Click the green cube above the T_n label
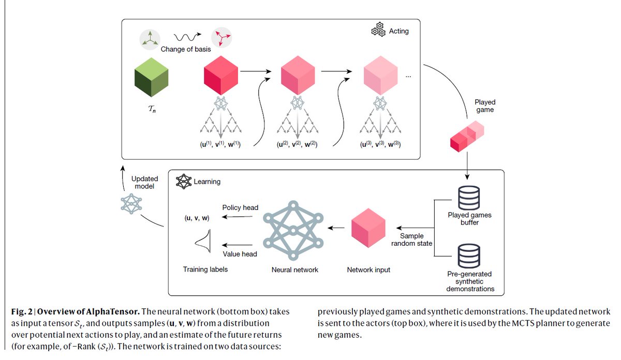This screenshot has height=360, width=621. tap(151, 77)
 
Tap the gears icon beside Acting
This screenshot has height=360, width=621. tap(378, 29)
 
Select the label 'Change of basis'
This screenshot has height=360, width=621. tap(186, 49)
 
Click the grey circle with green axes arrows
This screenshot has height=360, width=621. tap(150, 40)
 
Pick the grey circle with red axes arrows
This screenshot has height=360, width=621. tap(221, 37)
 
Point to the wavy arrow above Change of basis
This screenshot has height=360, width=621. tap(187, 37)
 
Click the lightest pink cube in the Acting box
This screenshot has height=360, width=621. tap(381, 76)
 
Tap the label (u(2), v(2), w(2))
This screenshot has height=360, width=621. tap(297, 144)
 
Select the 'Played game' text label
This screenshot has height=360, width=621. tap(485, 106)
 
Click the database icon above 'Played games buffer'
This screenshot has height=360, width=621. tap(469, 198)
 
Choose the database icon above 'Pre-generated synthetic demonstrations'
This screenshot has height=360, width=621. tap(469, 256)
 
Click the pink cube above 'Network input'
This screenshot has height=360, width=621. tap(368, 228)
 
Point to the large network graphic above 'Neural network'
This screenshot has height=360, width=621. tap(293, 231)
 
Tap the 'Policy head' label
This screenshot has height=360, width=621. tap(240, 207)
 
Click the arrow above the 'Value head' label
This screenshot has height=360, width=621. tap(238, 245)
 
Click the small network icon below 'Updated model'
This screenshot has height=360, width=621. tap(131, 204)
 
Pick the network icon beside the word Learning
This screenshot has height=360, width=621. tap(184, 182)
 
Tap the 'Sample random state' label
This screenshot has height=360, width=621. tap(412, 239)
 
